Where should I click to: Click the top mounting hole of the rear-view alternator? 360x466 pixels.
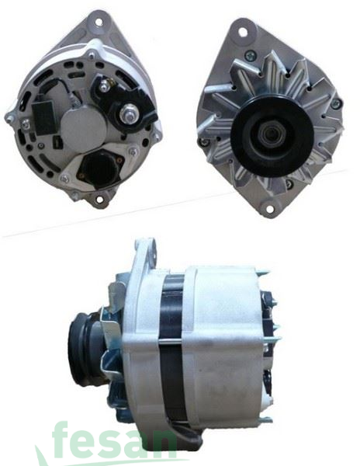click(x=99, y=22)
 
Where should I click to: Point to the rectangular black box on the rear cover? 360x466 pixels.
click(x=44, y=115)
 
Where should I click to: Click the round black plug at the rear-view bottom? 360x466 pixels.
click(x=100, y=168)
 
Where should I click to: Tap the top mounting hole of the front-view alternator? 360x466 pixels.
click(x=243, y=32)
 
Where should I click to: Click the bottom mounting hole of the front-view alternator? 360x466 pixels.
click(x=269, y=208)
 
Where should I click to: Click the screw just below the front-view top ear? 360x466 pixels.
click(x=249, y=54)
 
